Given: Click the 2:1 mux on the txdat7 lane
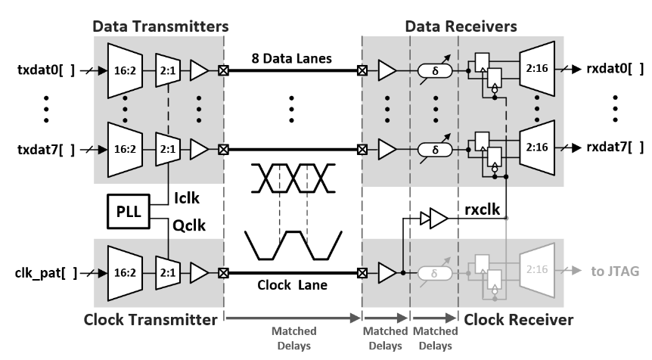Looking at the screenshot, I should pos(167,147).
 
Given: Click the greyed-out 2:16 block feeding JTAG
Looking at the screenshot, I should pos(542,270).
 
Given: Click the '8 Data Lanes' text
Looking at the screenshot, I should pos(291,57).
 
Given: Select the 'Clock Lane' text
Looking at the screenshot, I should pos(291,286).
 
